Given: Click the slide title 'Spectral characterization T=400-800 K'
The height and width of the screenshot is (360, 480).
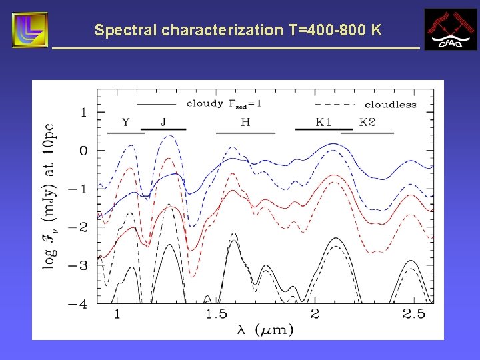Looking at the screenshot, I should [x=238, y=30].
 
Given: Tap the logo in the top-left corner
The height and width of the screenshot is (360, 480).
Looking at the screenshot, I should [x=30, y=30].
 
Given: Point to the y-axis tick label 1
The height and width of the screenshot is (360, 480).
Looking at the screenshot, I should [x=83, y=112].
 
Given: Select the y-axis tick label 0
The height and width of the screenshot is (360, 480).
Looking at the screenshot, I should [x=83, y=151].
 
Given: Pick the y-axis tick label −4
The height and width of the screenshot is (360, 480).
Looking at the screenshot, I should [x=79, y=304].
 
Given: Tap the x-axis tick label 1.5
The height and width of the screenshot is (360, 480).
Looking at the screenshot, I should [x=216, y=314].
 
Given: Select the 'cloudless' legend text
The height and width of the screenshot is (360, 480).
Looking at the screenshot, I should [x=390, y=105].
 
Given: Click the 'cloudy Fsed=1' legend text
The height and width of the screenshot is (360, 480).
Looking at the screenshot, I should [x=224, y=103].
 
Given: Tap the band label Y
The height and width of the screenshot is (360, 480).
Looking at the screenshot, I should [x=125, y=122].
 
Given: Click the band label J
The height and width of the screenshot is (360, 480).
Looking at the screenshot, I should [x=164, y=122].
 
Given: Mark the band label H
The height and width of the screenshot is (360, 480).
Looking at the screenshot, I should [x=245, y=122].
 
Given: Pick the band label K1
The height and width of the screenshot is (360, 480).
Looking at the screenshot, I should [x=323, y=122].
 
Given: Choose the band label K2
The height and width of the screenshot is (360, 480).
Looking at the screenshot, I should [x=367, y=122].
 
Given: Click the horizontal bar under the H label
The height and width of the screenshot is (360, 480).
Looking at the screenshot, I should [x=245, y=133].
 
